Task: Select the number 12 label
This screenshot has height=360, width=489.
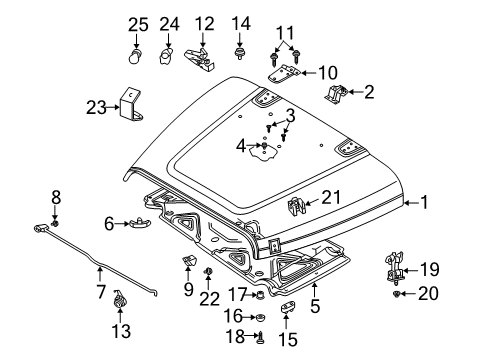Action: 204,23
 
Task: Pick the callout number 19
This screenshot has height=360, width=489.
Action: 429,297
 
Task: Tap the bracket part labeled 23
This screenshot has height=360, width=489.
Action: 129,105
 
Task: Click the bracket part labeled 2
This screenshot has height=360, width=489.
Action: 337,95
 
